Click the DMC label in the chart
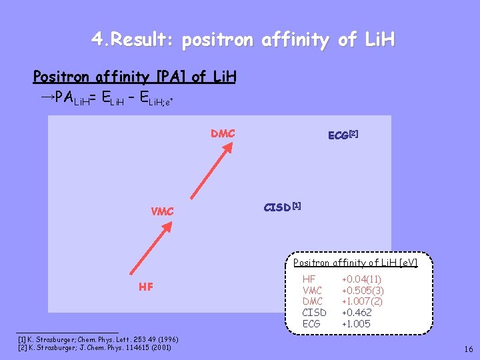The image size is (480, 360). click(223, 134)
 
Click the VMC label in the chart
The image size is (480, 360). click(162, 211)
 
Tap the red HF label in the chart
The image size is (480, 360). click(146, 287)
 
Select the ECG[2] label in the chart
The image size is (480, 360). click(343, 135)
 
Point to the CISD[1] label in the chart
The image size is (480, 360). click(282, 207)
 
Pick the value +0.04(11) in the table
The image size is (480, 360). click(361, 279)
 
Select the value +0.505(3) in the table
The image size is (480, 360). click(362, 291)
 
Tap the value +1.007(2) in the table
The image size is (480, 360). click(362, 301)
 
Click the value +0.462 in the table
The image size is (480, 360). click(357, 313)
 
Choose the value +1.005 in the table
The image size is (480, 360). click(357, 324)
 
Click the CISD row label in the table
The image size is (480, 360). click(315, 313)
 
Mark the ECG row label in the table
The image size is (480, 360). click(311, 324)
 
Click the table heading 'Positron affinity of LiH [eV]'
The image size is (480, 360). click(355, 263)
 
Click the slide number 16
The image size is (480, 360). click(469, 349)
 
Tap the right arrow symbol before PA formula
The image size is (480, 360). click(47, 97)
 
